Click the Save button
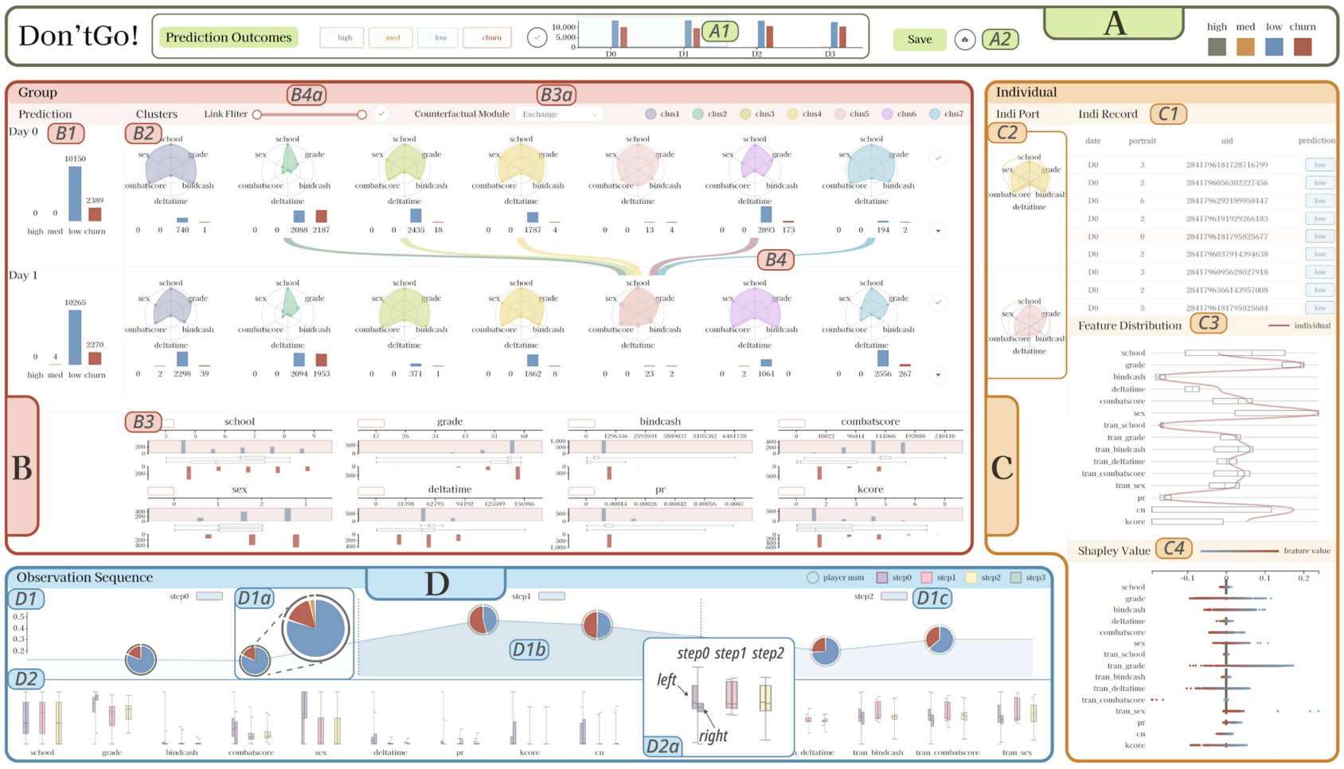click(x=920, y=39)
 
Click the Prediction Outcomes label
click(x=229, y=37)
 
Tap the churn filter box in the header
click(x=486, y=37)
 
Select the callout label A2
click(x=1000, y=39)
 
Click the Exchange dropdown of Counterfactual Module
click(x=559, y=114)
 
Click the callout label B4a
click(x=307, y=96)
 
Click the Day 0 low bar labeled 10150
click(x=75, y=193)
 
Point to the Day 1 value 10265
click(x=75, y=303)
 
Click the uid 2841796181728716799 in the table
click(x=1227, y=165)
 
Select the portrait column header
click(x=1142, y=141)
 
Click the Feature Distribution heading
click(x=1129, y=325)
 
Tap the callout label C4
click(x=1174, y=548)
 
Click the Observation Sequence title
click(x=84, y=577)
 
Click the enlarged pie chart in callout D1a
click(x=315, y=627)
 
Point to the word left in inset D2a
click(x=666, y=679)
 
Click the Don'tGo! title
click(x=78, y=36)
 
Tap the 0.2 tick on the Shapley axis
click(x=1303, y=578)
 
